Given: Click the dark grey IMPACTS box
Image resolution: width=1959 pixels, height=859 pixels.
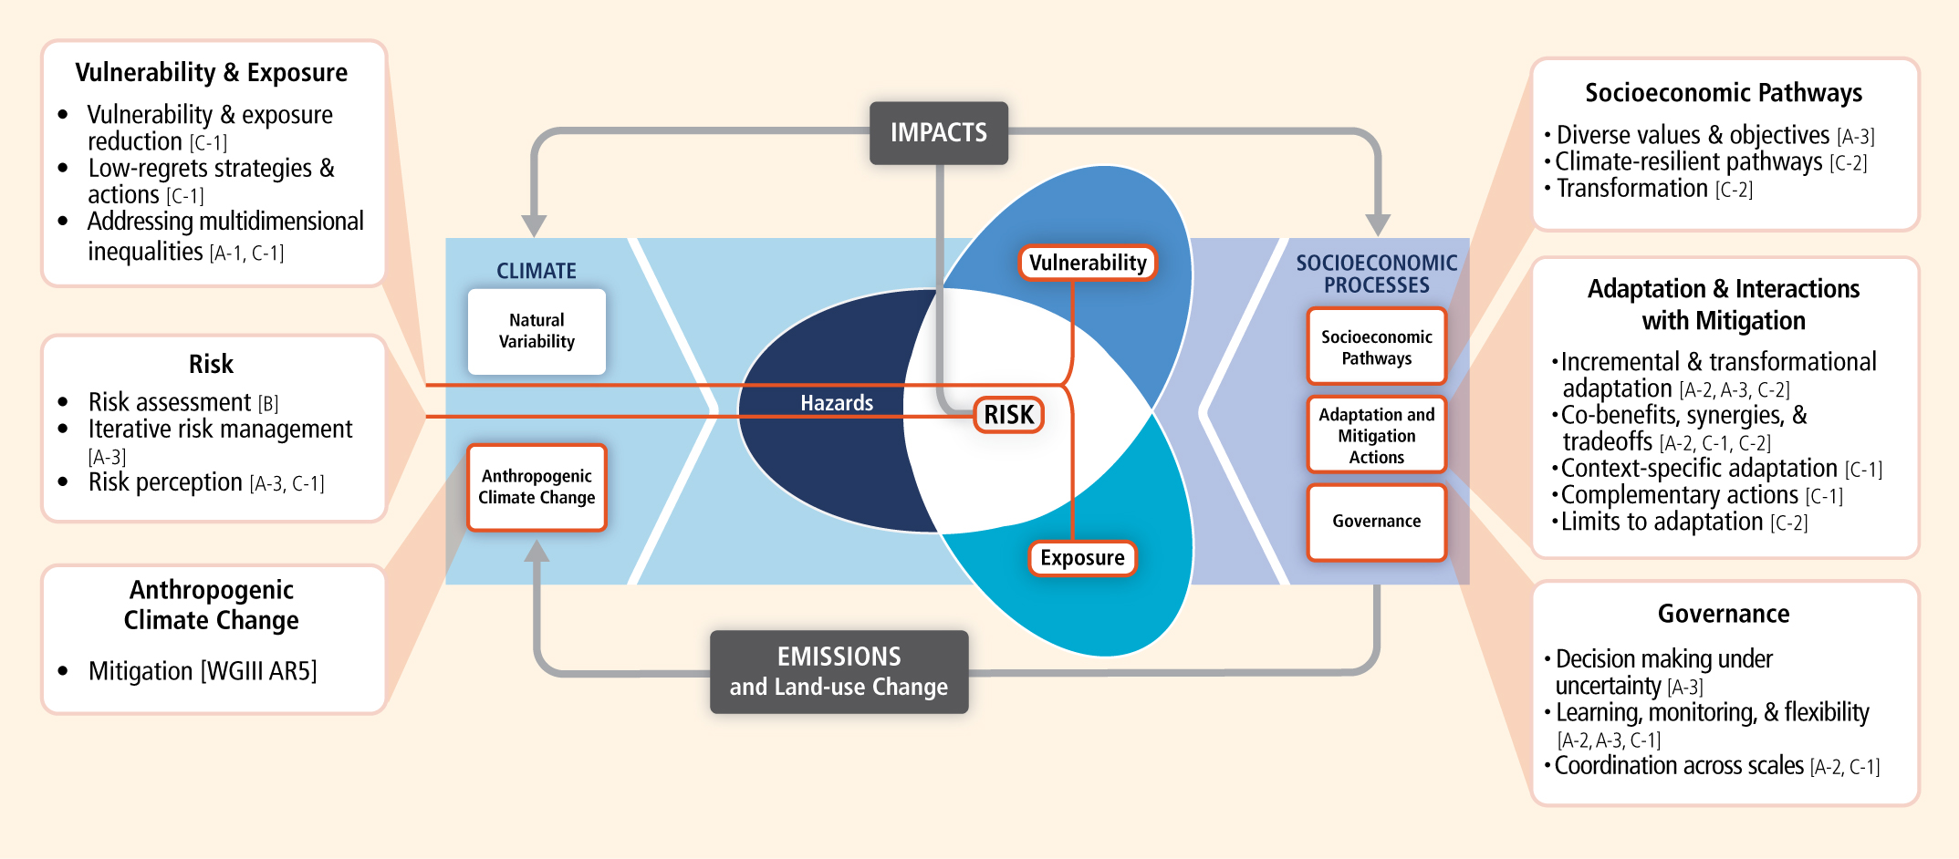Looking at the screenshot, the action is coord(938,133).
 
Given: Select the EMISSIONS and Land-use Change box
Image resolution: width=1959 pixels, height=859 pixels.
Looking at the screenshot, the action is coord(839,671).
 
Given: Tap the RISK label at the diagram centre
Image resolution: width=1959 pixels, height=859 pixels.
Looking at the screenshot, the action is coord(1008,415).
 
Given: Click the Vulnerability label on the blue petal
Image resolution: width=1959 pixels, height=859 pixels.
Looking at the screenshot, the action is coord(1088,263).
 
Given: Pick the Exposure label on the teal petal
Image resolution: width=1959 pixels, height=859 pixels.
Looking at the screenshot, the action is coord(1082,558).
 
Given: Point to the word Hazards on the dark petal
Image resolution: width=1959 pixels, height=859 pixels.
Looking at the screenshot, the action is coord(837,403).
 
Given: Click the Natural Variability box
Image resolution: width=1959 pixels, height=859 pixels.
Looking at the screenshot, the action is coord(537,331).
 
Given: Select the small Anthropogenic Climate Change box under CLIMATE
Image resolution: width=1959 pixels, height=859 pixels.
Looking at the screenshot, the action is coord(537,487).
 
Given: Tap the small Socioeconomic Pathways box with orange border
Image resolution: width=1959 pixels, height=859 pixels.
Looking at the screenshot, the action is coord(1376,347).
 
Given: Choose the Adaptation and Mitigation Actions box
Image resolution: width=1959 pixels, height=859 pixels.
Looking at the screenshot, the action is coord(1376,435).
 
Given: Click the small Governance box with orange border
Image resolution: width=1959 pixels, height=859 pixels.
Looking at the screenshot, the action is coord(1376,522).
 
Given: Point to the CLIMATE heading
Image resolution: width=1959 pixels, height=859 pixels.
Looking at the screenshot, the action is coord(537,271).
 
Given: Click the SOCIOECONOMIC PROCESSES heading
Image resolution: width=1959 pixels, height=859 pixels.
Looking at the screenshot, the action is coord(1377,274).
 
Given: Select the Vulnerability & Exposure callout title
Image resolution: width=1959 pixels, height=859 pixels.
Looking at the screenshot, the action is coord(212,72).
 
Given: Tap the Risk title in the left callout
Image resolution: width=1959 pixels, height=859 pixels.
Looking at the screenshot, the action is coord(211,364).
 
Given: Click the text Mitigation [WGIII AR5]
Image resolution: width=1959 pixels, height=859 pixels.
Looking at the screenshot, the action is coord(203,671).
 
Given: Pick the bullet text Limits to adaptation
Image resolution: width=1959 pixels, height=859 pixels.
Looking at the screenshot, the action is coord(1662,522).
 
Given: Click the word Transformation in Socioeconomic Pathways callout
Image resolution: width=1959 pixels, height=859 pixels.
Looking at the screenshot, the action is coord(1632,188).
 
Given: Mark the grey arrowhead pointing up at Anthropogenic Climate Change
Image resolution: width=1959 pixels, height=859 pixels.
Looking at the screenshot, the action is coord(537,551).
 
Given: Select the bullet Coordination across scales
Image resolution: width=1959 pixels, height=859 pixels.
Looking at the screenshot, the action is coord(1679,765).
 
